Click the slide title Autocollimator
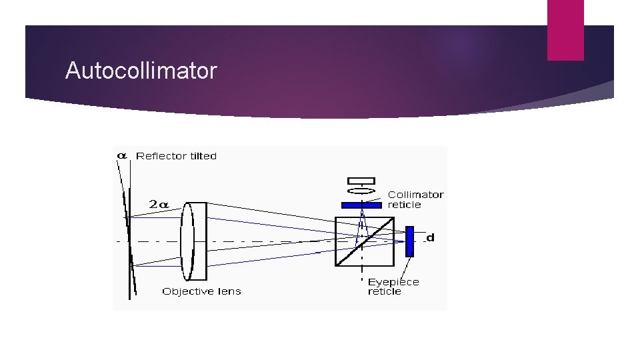tap(141, 71)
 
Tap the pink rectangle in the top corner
tap(565, 30)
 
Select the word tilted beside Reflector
tap(200, 156)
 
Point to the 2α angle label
tap(159, 205)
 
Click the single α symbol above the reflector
tap(122, 155)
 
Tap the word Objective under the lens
tap(187, 291)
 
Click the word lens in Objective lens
tap(229, 291)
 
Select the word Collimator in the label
tap(416, 195)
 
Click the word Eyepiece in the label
tap(394, 282)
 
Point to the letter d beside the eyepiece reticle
tap(430, 237)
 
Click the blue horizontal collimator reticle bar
tap(361, 205)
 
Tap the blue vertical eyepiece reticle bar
tap(409, 241)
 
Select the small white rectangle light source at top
tap(361, 181)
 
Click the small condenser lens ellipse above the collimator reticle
tap(361, 191)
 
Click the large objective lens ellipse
tap(187, 241)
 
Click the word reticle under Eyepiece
tap(385, 291)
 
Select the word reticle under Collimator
tap(405, 205)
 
